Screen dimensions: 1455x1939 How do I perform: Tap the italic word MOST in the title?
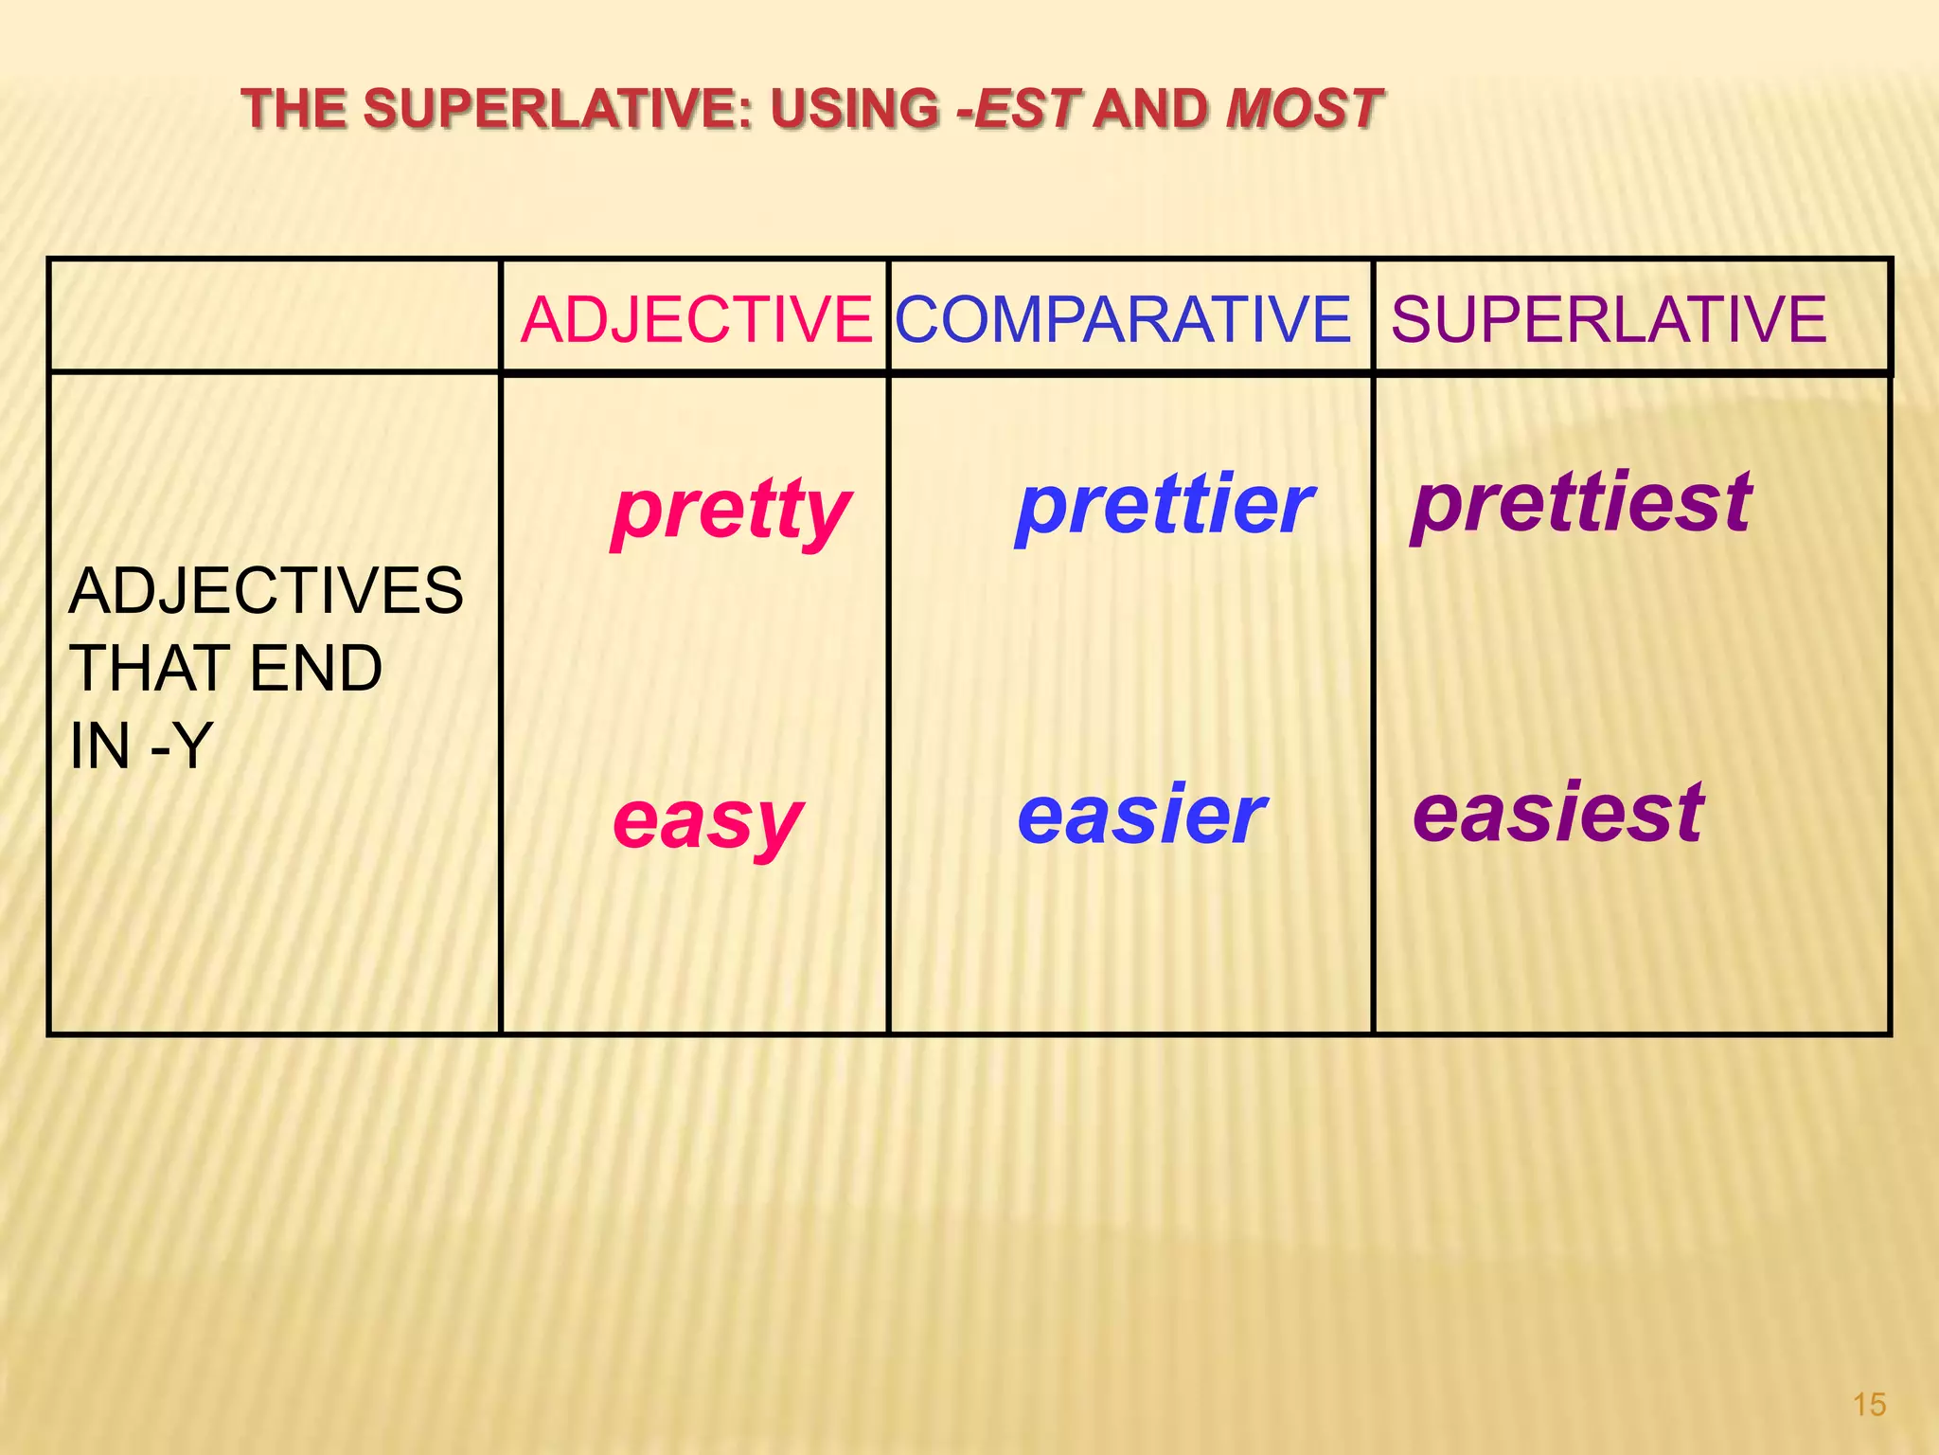point(1304,109)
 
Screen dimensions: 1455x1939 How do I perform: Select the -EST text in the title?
point(1019,109)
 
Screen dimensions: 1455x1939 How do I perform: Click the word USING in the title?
point(855,109)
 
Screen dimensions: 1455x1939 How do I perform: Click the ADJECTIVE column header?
point(696,319)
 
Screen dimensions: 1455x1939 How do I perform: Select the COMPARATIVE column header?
point(1124,319)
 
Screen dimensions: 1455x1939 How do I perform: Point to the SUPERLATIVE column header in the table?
point(1609,319)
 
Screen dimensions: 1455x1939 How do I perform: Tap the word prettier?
point(1165,506)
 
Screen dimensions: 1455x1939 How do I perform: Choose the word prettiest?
point(1582,504)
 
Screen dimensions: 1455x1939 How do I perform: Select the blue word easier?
point(1142,816)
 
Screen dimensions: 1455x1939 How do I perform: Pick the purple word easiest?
point(1558,813)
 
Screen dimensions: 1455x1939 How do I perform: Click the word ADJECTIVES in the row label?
point(266,591)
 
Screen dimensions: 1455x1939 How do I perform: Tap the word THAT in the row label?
point(151,669)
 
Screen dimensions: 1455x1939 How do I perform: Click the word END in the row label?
point(316,669)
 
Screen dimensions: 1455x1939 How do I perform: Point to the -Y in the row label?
point(181,746)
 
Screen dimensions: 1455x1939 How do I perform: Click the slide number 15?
point(1869,1405)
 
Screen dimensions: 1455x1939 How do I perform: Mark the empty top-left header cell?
point(274,315)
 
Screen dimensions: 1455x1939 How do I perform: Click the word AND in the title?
point(1151,109)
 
